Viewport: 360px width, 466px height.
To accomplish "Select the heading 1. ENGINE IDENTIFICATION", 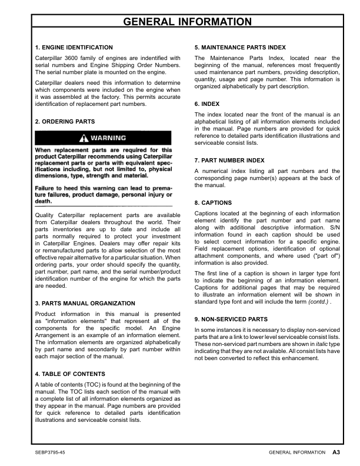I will [74, 47].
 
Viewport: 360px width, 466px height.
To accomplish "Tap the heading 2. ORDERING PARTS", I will [65, 121].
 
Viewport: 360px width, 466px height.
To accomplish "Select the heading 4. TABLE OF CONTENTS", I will [70, 374].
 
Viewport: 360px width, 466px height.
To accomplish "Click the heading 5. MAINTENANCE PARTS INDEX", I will [240, 47].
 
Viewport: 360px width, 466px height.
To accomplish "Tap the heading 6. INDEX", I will [207, 104].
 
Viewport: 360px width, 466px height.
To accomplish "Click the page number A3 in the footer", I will [337, 452].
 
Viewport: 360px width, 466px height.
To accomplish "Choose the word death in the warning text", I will [45, 201].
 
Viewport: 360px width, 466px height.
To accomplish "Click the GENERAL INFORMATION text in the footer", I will [296, 452].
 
